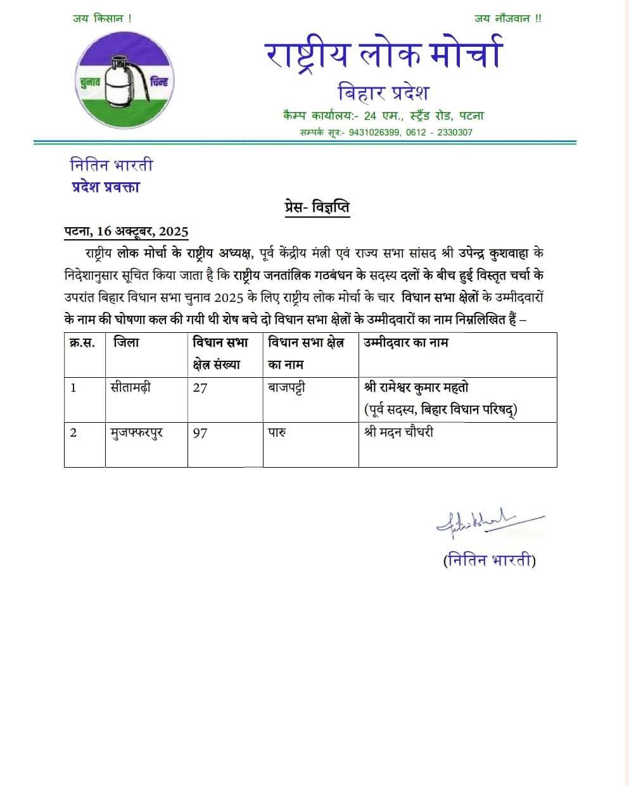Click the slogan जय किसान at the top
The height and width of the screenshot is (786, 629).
[x=103, y=19]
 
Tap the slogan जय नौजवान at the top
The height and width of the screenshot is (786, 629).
[x=507, y=19]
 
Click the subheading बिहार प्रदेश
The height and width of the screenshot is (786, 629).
[x=384, y=92]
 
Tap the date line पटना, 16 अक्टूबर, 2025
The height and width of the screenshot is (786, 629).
[x=127, y=231]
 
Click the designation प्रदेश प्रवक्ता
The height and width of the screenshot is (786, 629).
[x=105, y=187]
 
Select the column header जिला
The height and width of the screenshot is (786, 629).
[x=126, y=343]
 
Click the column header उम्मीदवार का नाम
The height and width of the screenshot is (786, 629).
[x=406, y=343]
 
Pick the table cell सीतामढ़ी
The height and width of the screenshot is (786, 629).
[x=131, y=387]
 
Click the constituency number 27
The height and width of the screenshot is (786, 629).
[x=200, y=388]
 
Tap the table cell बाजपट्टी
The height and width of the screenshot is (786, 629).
[x=286, y=387]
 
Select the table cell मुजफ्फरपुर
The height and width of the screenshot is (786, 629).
[x=136, y=434]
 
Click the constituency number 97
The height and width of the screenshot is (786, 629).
[x=200, y=434]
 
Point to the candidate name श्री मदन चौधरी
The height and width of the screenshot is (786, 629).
[x=399, y=433]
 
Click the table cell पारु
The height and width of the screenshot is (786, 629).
[x=277, y=434]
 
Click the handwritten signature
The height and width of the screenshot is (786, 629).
[x=488, y=521]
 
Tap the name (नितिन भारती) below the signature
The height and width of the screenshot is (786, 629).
[x=489, y=560]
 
